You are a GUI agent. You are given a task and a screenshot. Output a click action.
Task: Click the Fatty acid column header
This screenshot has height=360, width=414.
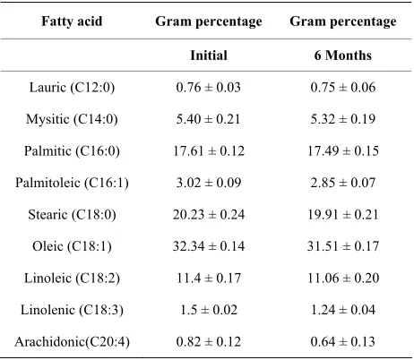tap(72, 21)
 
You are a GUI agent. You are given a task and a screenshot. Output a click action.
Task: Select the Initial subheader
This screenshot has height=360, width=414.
tap(209, 56)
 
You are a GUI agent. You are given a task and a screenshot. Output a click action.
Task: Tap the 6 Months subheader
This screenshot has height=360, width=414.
tap(343, 56)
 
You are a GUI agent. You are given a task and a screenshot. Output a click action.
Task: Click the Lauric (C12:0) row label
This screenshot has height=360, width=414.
tap(72, 88)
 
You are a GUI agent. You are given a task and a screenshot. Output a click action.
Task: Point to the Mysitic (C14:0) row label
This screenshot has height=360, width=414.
tap(72, 119)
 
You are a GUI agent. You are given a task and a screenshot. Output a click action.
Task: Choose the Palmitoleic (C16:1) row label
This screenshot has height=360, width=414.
tap(72, 183)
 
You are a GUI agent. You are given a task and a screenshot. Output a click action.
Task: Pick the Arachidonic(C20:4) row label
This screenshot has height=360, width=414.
tap(72, 342)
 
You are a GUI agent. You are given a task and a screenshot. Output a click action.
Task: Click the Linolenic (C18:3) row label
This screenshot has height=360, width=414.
tap(72, 310)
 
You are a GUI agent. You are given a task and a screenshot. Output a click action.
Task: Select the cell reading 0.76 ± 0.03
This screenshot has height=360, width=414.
tap(209, 88)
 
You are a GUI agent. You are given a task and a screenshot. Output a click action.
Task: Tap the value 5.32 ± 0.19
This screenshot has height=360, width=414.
tap(343, 119)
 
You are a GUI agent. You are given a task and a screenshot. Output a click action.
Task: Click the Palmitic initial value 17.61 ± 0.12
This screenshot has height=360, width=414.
tap(209, 151)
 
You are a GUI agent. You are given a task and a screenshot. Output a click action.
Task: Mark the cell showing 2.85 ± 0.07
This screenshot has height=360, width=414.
tap(343, 183)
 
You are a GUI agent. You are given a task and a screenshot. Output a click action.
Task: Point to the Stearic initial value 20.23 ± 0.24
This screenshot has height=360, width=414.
tap(209, 215)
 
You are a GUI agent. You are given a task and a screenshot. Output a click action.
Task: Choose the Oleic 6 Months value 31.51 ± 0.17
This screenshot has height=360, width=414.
tap(343, 246)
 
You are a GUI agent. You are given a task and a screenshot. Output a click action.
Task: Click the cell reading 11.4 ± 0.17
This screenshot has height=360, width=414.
tap(209, 279)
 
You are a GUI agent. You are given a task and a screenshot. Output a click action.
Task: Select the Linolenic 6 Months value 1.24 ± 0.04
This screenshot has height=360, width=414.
tap(343, 310)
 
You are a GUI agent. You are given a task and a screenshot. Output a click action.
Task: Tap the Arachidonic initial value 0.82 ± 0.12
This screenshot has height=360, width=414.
tap(209, 342)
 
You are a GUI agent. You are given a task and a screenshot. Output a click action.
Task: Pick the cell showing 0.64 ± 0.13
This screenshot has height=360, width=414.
tap(343, 342)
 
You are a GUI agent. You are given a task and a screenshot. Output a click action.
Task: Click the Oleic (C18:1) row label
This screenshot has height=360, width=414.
tap(72, 247)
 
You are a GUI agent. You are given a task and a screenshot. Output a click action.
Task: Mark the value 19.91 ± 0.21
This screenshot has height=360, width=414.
tap(343, 215)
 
